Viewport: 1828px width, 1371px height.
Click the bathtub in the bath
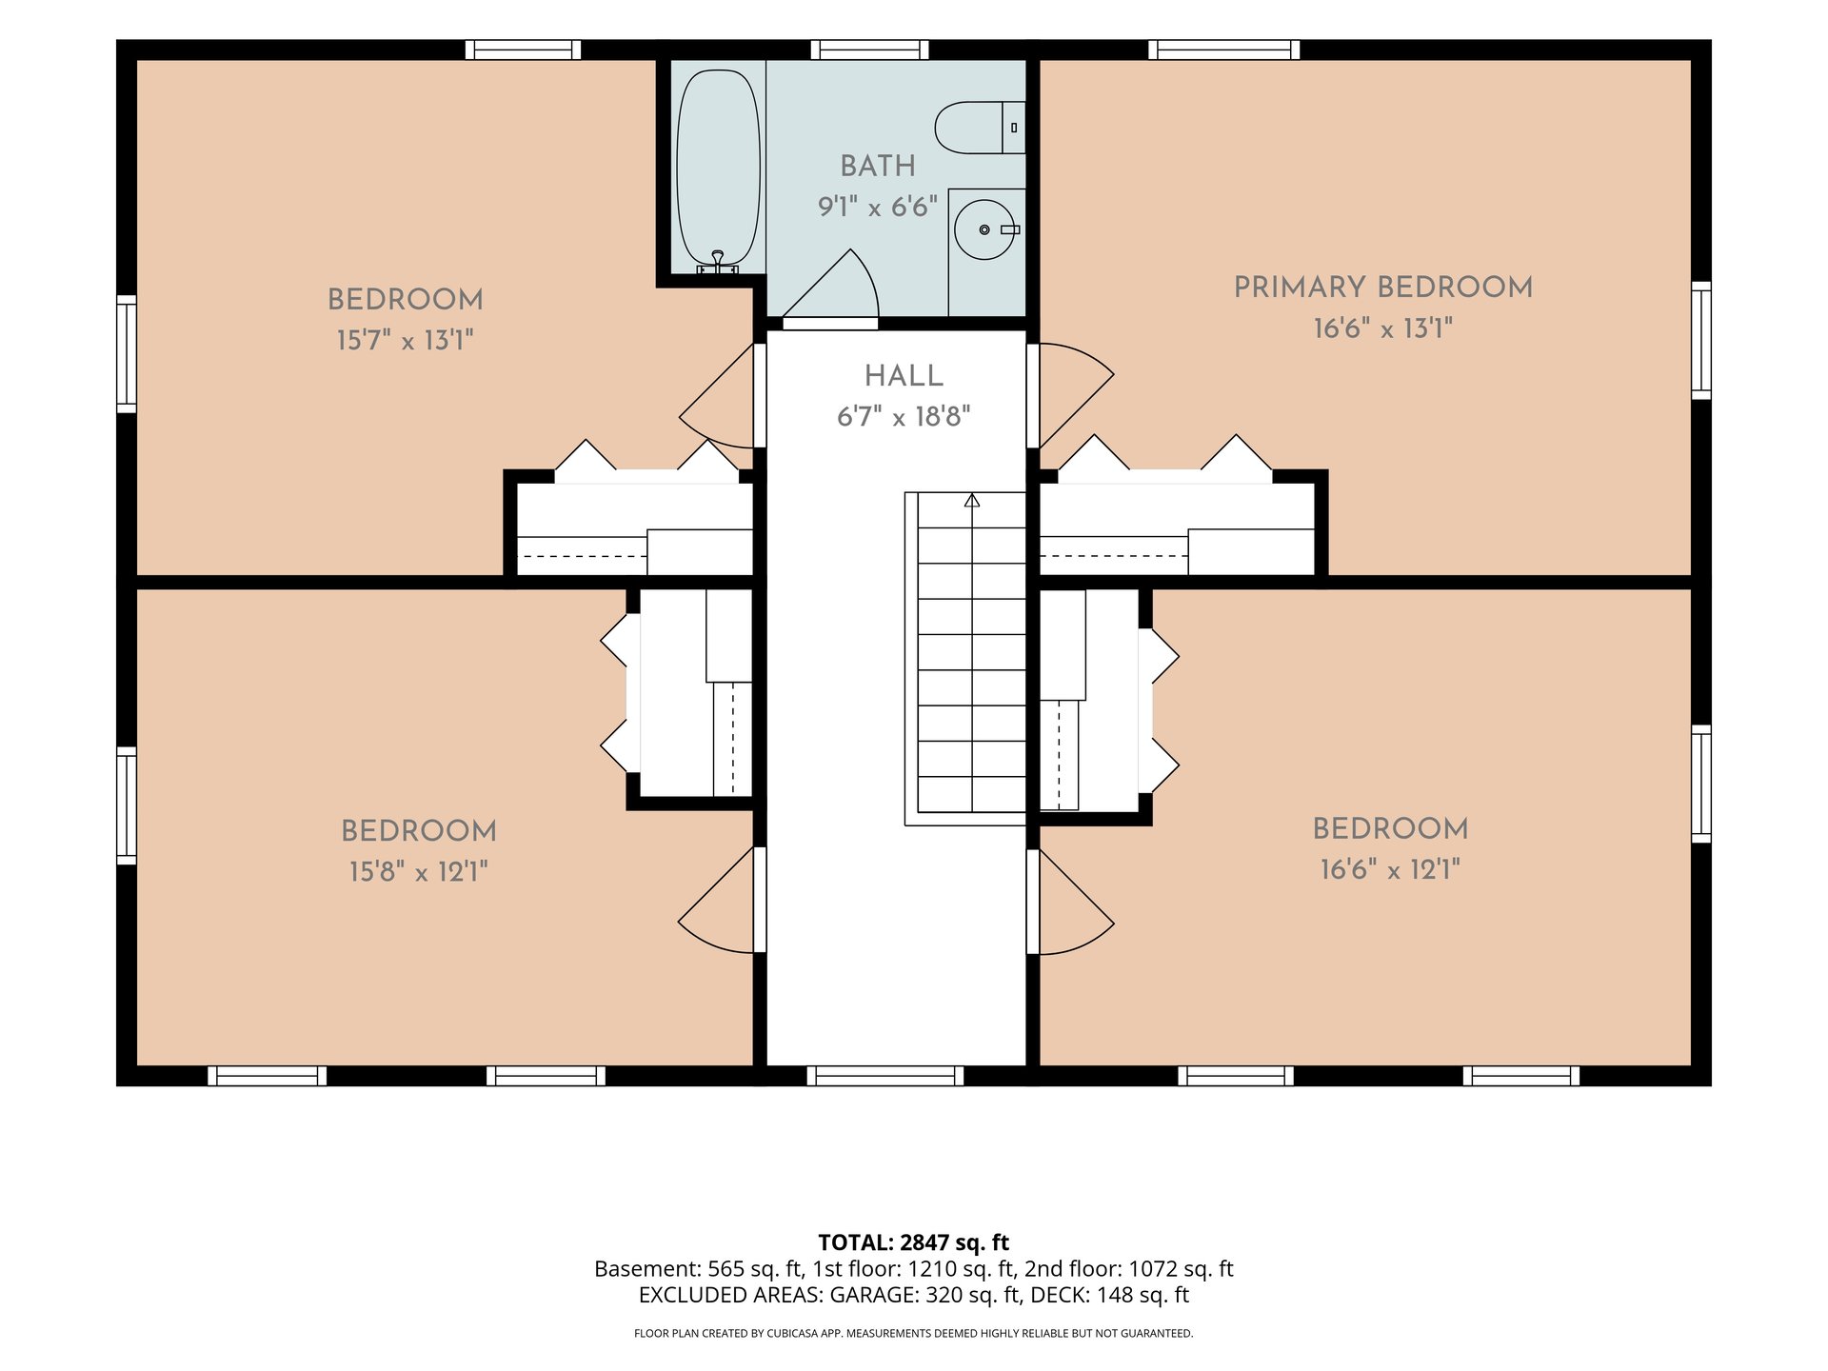click(718, 169)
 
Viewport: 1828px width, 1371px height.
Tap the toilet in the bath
click(980, 128)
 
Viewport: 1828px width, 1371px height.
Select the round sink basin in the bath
click(984, 229)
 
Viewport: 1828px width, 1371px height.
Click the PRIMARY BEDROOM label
click(1383, 288)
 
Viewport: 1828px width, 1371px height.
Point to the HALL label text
click(904, 376)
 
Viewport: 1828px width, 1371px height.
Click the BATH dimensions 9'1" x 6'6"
click(878, 207)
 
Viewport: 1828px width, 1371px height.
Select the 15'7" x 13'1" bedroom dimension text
click(405, 340)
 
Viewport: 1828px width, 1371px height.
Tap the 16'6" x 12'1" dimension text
click(1390, 869)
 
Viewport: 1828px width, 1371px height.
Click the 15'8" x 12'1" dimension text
click(419, 871)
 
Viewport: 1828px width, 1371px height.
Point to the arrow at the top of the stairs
click(971, 500)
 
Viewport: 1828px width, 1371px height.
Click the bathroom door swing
click(829, 284)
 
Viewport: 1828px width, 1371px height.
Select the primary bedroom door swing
click(1076, 395)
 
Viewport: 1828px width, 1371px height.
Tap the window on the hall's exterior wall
click(885, 1076)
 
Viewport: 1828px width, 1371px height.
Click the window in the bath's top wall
click(870, 50)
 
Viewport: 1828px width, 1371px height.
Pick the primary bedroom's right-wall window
click(1701, 340)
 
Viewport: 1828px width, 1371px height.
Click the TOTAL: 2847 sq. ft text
click(914, 1242)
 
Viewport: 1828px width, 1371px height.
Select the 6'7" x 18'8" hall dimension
click(904, 417)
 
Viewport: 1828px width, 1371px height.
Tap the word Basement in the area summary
click(647, 1269)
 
